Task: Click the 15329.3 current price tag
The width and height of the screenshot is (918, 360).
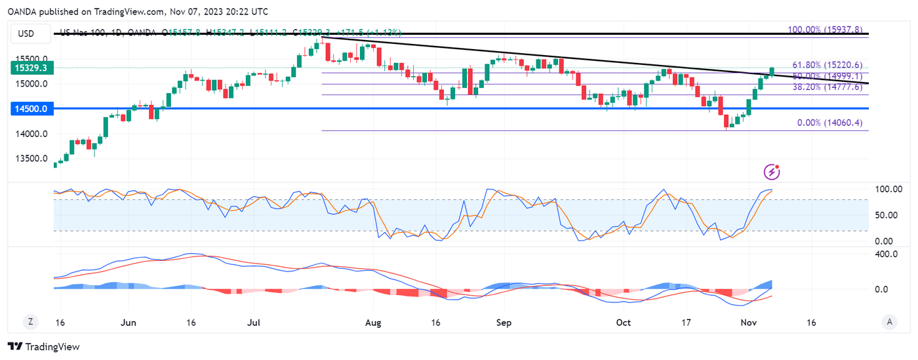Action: point(31,68)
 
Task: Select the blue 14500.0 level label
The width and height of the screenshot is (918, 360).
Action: point(31,109)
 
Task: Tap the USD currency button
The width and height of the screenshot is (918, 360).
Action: point(26,33)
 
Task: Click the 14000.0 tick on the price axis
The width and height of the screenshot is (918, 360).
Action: point(31,134)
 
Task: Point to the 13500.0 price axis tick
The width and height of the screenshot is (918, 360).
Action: point(31,159)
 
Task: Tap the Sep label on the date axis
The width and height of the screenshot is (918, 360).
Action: point(504,323)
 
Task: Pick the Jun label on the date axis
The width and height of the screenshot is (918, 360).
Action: point(129,323)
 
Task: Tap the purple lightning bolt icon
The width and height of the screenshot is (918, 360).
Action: point(773,172)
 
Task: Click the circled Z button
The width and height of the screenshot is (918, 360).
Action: point(30,321)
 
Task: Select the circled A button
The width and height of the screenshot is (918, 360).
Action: point(889,321)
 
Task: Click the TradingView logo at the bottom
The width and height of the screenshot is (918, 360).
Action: point(43,346)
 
